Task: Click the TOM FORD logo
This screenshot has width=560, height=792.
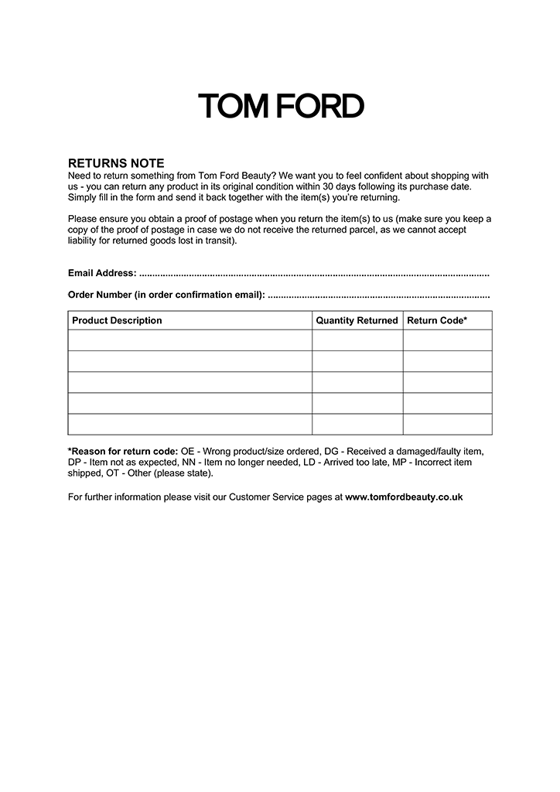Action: click(x=281, y=106)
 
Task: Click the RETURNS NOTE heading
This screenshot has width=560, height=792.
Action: click(x=116, y=163)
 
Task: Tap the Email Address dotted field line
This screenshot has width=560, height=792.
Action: click(x=313, y=274)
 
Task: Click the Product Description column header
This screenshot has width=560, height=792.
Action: click(x=117, y=320)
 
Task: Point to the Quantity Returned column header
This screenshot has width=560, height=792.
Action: click(x=357, y=320)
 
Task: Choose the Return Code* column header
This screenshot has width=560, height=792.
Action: click(x=437, y=320)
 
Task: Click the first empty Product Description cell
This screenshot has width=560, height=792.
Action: click(x=190, y=340)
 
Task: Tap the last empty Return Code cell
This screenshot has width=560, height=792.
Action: click(x=447, y=425)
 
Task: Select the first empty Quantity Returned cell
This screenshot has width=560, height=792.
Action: click(x=357, y=340)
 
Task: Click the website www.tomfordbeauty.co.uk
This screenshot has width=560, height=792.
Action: click(x=404, y=497)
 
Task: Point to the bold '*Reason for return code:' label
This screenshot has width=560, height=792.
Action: click(x=123, y=450)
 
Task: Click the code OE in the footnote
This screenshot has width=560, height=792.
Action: click(x=187, y=450)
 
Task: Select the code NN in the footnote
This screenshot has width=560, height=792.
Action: click(x=189, y=462)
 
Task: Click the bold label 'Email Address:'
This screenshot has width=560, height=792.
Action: click(x=102, y=273)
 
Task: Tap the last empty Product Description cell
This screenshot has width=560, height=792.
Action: click(x=190, y=425)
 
